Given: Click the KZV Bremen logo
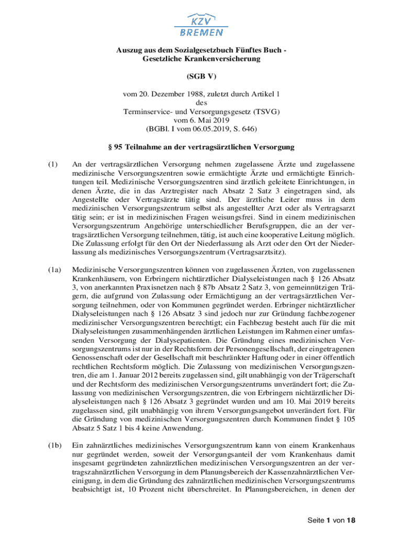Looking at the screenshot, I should (x=201, y=25).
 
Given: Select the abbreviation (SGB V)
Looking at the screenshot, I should (x=201, y=76).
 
